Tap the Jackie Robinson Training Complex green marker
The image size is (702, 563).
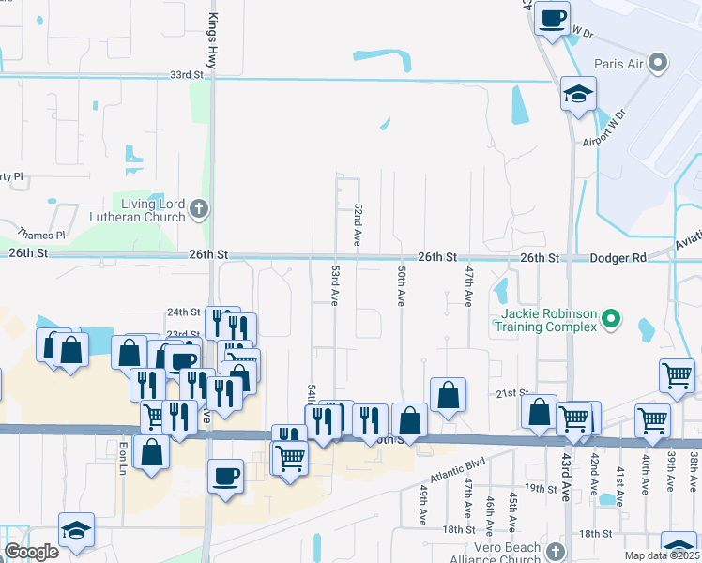[611, 320]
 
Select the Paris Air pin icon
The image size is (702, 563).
[658, 64]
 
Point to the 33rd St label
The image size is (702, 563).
[186, 75]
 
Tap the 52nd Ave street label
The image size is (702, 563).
[358, 224]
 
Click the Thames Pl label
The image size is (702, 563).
[46, 235]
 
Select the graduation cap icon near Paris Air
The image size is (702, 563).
[578, 94]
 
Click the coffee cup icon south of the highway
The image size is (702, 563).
[225, 476]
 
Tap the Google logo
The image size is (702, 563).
[32, 552]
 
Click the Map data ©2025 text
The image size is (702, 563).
[662, 555]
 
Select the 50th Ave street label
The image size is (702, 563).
[401, 284]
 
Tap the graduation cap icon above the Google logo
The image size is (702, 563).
[76, 530]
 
